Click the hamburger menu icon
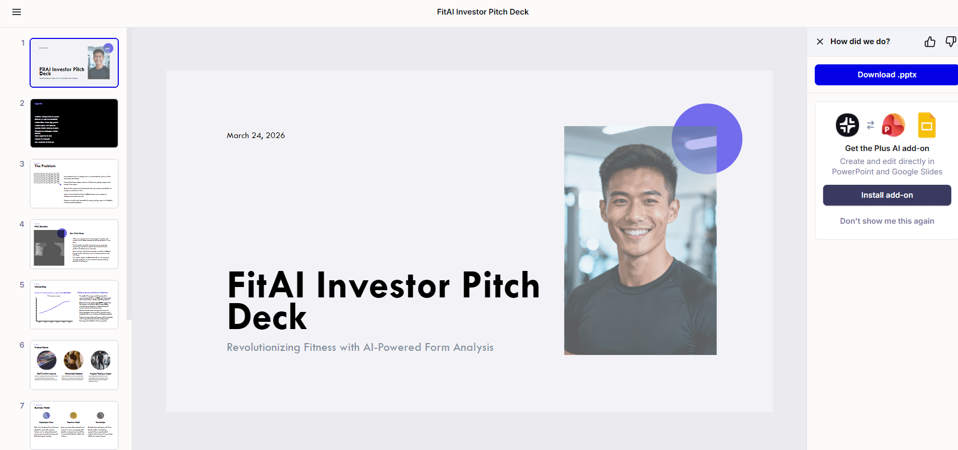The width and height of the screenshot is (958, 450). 17,12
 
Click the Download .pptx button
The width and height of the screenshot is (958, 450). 886,75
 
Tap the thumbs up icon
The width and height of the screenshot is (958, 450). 930,42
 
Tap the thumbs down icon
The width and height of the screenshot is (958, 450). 950,42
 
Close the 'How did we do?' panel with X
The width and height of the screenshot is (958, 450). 820,42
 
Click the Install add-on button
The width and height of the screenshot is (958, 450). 886,195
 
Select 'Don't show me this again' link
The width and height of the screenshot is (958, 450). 887,221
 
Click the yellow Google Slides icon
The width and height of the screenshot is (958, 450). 926,125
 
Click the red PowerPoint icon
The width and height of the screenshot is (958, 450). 893,125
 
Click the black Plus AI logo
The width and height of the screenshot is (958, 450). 848,125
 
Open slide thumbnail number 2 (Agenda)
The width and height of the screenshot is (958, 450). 74,124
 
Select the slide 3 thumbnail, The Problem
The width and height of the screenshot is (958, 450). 74,184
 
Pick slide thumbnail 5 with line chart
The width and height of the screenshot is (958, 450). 74,305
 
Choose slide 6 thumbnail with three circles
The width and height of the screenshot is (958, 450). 74,365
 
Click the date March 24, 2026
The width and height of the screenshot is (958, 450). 256,135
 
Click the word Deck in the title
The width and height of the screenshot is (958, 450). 267,317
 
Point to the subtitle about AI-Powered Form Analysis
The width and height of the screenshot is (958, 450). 360,347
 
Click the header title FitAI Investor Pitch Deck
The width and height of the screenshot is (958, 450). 482,12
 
